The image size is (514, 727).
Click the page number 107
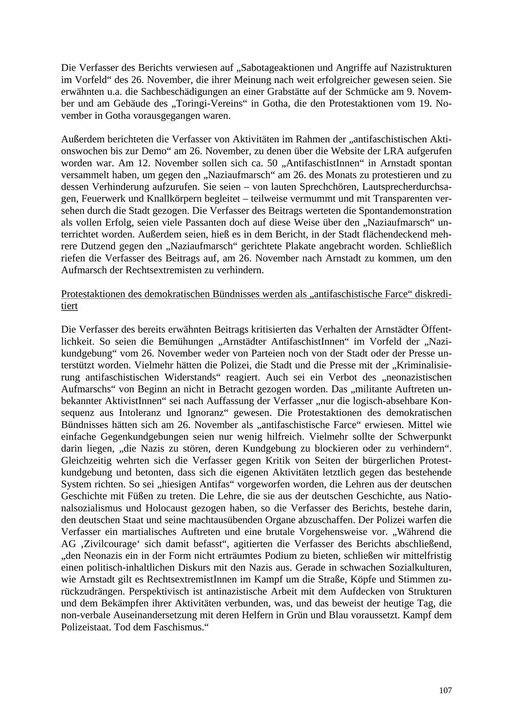tap(445, 690)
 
